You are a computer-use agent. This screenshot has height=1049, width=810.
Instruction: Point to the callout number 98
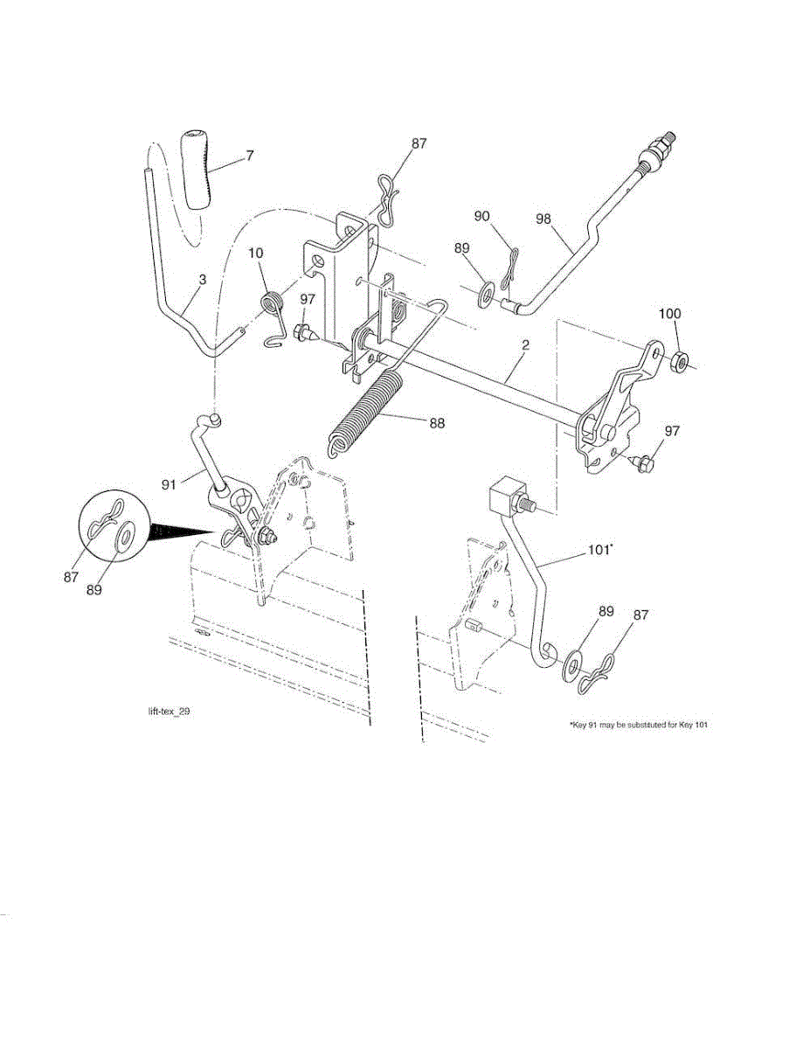[x=543, y=219]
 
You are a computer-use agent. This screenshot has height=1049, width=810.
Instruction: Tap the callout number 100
[x=669, y=314]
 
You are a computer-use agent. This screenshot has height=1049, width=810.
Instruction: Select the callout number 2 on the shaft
[x=525, y=346]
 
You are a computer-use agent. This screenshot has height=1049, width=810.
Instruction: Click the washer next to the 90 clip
[x=486, y=288]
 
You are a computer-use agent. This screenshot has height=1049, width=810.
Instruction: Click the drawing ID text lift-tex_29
[x=169, y=712]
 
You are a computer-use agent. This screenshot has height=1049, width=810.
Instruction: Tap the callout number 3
[x=203, y=279]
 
